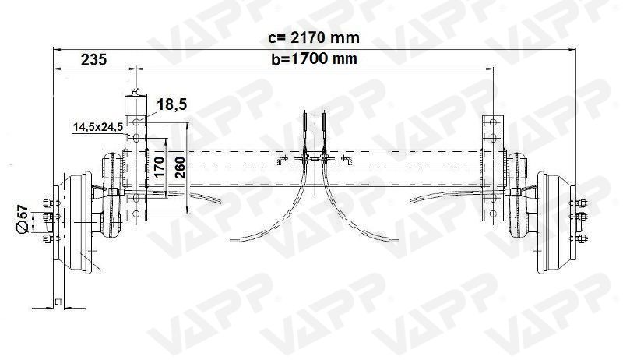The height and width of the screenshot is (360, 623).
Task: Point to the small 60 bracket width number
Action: click(136, 91)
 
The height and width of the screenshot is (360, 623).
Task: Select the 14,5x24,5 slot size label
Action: click(97, 126)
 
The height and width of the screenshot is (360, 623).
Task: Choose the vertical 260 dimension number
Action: click(181, 168)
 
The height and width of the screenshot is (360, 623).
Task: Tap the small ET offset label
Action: click(58, 300)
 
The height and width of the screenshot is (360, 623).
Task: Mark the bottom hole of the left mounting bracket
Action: click(136, 215)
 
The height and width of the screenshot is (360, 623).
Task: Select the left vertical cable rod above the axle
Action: click(304, 129)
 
